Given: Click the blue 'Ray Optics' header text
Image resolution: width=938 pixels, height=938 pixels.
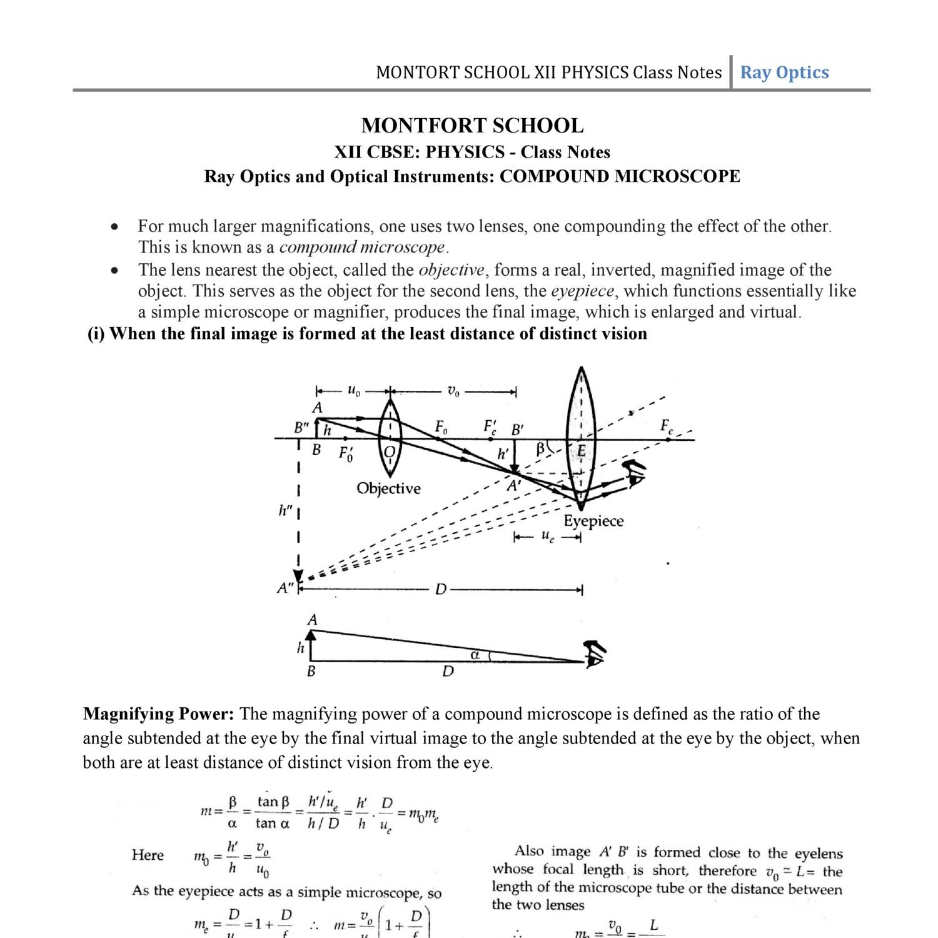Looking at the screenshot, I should (x=784, y=73).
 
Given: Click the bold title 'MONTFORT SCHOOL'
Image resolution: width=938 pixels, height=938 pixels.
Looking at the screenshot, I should (x=472, y=126).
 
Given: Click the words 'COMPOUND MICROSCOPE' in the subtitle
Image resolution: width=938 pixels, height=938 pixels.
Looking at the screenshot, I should (x=619, y=176).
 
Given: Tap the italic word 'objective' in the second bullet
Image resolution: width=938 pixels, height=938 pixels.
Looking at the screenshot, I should (x=451, y=270).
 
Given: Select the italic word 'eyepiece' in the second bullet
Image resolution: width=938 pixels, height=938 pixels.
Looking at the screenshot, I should (x=582, y=291).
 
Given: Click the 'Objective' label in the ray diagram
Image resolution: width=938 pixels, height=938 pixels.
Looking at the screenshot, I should (x=388, y=488).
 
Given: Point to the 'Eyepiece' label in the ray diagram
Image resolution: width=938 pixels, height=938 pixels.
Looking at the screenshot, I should (x=593, y=521).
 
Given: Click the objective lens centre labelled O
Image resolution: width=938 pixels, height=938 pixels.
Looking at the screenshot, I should (x=390, y=451).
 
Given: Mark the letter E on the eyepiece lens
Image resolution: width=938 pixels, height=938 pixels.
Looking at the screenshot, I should (x=581, y=450).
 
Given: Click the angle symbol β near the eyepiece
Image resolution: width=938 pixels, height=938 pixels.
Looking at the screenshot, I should (x=541, y=448).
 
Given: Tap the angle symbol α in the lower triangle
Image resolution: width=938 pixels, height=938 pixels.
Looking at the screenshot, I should (x=475, y=655).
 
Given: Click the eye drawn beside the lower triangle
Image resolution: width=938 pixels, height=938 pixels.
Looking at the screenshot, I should (x=595, y=655).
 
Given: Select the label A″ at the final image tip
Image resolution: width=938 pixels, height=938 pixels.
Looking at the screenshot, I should (x=286, y=588).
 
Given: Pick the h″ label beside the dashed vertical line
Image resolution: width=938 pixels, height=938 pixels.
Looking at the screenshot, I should (x=285, y=511).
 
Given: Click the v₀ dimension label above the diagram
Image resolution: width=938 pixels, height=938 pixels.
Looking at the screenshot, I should (x=453, y=391).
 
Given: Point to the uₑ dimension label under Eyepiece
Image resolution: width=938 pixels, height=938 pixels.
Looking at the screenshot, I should (x=547, y=537).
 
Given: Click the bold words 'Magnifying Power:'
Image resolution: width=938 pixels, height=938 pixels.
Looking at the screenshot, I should (x=158, y=714).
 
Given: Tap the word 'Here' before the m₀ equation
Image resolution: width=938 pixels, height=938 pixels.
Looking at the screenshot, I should (x=148, y=855).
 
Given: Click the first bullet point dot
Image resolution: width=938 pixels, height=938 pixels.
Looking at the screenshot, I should (x=113, y=227).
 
